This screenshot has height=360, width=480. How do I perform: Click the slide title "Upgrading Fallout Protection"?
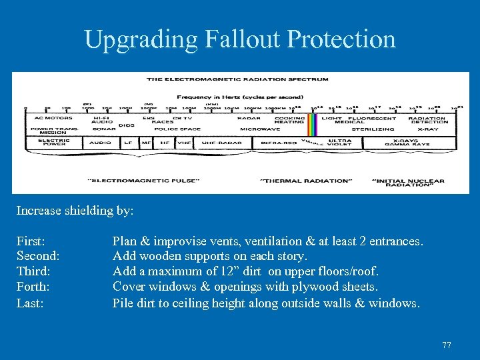coord(240,39)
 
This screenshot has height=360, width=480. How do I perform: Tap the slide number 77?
coord(447,345)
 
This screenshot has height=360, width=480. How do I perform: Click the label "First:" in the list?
coord(31,241)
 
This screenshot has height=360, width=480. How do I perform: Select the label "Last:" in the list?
coord(30,303)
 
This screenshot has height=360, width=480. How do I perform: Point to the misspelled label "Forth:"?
coord(34,287)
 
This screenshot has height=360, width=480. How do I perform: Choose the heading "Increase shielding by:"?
coord(75,211)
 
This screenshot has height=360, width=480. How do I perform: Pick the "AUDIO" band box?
coord(101,142)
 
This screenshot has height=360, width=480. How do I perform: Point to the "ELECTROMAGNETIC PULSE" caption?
coord(131,180)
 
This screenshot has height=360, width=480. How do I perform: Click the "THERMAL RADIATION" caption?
coord(305,180)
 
